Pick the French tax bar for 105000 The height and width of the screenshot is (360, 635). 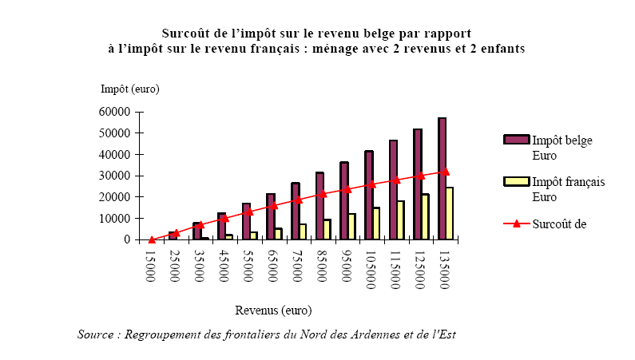pos(376,224)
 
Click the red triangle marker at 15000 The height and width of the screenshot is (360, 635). pos(152,239)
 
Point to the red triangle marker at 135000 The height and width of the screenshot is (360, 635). pos(446,171)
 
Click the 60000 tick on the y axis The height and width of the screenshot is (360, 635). pos(117,112)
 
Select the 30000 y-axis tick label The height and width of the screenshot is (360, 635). pos(117,176)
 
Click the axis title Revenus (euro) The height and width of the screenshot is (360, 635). pos(273,310)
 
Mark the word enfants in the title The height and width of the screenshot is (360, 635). pos(500,48)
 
